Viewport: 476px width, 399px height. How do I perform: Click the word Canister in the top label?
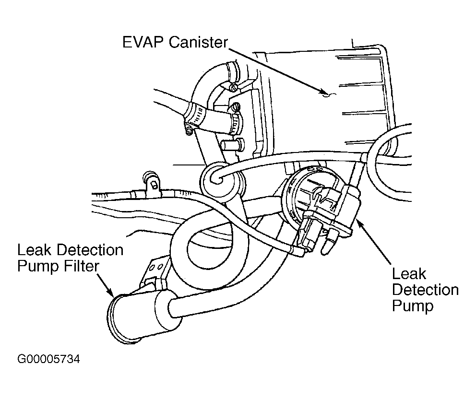pos(198,42)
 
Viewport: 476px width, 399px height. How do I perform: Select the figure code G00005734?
pos(48,359)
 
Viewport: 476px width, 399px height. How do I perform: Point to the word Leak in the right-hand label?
pos(409,274)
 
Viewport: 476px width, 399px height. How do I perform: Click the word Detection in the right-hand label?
pos(425,290)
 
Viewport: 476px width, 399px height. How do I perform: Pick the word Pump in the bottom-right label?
pos(413,306)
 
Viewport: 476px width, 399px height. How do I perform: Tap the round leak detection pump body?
pos(322,204)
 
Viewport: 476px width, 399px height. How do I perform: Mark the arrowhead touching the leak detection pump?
pos(359,224)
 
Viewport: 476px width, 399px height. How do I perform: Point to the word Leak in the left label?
pos(34,250)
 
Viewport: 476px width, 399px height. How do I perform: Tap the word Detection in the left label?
pos(90,250)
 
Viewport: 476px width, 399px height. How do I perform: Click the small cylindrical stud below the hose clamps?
pos(233,144)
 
